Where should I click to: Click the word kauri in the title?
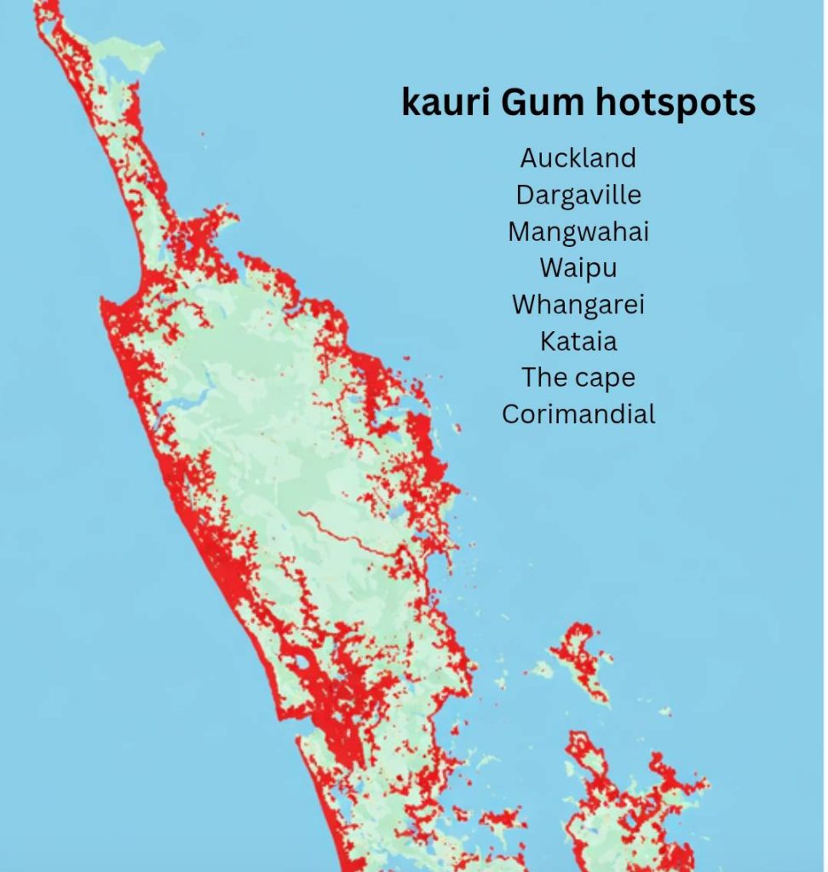[446, 103]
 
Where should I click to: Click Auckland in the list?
[578, 158]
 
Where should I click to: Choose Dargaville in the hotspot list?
[578, 195]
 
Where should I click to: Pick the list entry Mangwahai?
[578, 232]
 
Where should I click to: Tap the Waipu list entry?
[578, 268]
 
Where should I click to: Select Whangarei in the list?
[578, 305]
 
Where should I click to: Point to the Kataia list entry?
[578, 341]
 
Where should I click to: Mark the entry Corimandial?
[578, 415]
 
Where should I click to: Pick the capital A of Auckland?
[529, 158]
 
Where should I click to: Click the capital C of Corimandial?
[511, 415]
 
